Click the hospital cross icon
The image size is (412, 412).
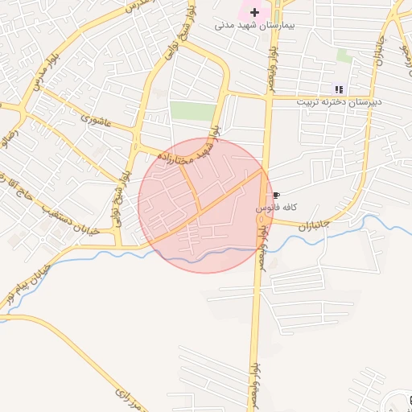click(255, 12)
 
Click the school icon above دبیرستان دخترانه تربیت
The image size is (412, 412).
click(338, 89)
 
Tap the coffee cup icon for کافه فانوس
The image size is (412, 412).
click(276, 196)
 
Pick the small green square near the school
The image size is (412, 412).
click(344, 56)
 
